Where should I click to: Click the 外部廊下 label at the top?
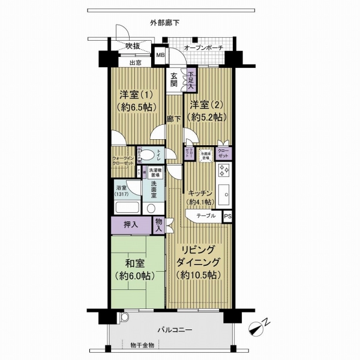pos(164,23)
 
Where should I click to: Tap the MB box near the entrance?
pos(160,56)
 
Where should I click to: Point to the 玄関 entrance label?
pos(173,80)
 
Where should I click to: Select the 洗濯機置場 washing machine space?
pos(154,172)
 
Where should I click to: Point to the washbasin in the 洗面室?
pos(152,208)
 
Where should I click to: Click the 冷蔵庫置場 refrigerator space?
pos(205,154)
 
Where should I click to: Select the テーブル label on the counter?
pos(206,215)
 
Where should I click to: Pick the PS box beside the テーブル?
pos(227,215)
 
